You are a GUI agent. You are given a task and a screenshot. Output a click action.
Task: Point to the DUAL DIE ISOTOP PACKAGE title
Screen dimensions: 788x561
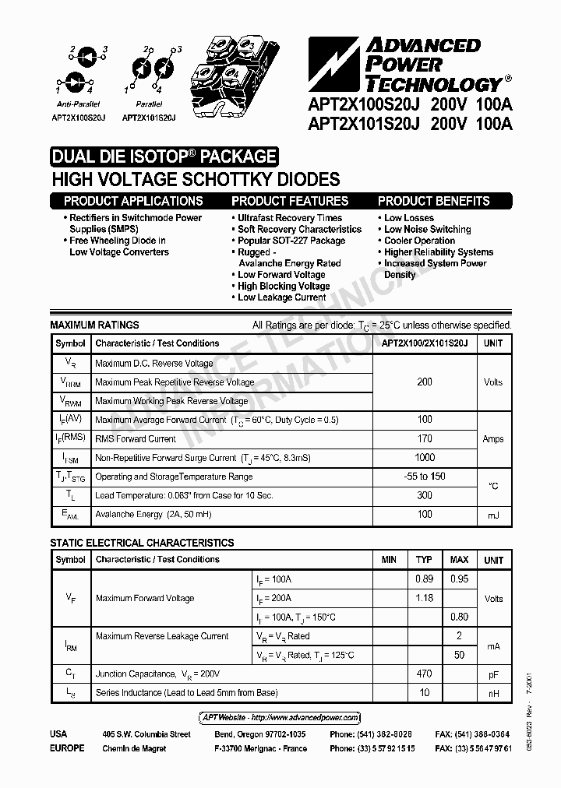(x=164, y=157)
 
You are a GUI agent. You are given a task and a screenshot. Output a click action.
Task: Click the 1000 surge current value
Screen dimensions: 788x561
(x=425, y=458)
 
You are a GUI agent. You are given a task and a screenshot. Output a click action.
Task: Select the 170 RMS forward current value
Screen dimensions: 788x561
(x=425, y=439)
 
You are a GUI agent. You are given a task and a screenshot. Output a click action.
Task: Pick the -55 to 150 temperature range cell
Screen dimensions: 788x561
(x=425, y=477)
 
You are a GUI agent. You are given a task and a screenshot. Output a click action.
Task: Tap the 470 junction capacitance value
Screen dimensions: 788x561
(x=424, y=674)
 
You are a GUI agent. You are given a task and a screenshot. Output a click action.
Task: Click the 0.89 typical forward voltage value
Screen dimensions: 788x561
(x=424, y=579)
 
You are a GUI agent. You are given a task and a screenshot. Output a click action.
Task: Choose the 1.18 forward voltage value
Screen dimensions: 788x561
(x=424, y=598)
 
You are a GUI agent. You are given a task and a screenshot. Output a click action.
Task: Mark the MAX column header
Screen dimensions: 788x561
(x=459, y=560)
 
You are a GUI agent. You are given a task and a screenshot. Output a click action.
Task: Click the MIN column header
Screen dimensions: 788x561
(x=389, y=560)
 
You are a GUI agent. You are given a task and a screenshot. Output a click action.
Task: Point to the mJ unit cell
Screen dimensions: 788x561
(x=493, y=515)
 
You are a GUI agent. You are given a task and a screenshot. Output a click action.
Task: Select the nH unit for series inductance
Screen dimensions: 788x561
(x=493, y=692)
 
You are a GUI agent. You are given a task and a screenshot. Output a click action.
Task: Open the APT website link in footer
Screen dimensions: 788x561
(x=276, y=717)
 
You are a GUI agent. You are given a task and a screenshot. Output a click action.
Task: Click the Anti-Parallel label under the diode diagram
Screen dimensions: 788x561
(x=76, y=104)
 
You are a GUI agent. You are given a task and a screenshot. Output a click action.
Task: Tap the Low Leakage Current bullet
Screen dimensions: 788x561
(x=281, y=297)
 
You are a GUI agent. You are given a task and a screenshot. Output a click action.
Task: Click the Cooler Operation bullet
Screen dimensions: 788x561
(x=419, y=241)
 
